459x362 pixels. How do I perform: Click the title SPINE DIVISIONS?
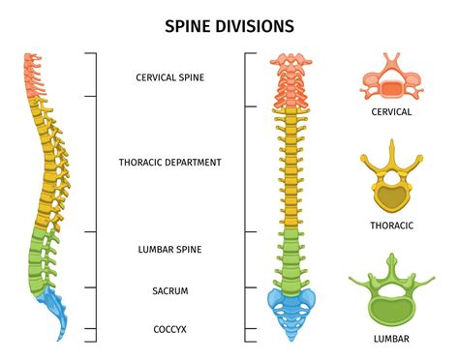(x=229, y=23)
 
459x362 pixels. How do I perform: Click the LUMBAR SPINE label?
(x=169, y=249)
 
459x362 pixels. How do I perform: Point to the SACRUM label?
(x=169, y=289)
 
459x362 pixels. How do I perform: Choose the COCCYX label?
(x=169, y=329)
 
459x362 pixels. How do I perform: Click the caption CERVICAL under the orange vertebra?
(x=392, y=111)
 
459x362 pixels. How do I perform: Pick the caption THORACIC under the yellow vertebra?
(x=392, y=225)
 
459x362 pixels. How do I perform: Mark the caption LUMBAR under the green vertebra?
(x=392, y=339)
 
